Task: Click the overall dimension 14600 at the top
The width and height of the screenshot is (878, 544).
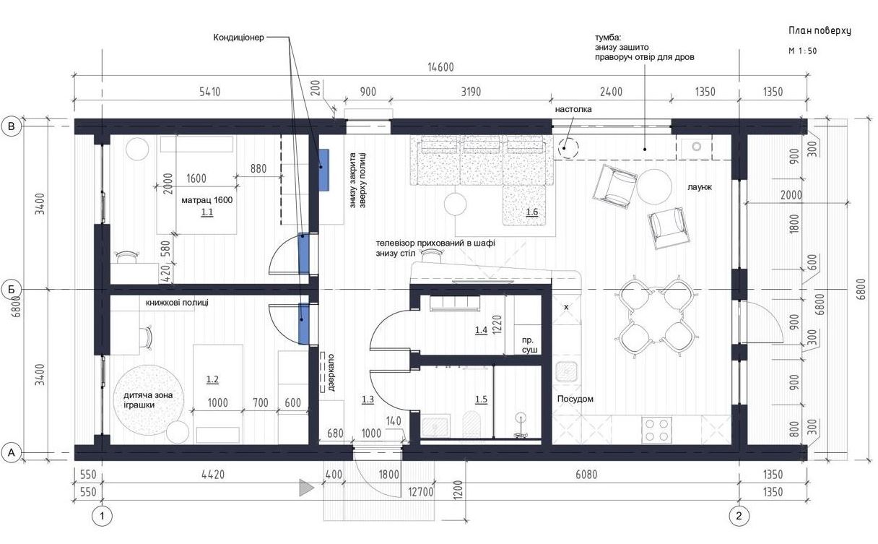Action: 440,67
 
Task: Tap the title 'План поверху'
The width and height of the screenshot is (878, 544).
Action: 820,31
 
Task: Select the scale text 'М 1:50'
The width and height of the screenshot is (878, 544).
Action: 803,51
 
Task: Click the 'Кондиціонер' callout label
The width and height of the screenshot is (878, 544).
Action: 239,38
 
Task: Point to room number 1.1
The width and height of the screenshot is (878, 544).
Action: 207,212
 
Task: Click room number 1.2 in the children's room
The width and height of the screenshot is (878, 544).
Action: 212,379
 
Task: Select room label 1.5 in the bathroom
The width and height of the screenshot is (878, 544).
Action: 481,400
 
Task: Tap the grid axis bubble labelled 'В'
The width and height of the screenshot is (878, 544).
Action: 12,126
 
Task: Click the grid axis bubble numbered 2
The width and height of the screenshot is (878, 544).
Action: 739,516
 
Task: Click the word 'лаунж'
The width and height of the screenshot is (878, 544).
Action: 700,187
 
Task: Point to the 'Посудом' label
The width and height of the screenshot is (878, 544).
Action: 575,399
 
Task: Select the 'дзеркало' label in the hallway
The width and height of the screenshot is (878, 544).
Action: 331,373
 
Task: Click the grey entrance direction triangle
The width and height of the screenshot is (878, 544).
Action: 307,488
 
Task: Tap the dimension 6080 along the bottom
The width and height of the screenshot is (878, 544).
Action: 586,475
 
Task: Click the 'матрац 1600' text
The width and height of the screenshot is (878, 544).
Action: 207,200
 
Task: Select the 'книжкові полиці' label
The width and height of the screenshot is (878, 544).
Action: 177,303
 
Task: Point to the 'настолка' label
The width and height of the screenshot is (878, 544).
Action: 573,109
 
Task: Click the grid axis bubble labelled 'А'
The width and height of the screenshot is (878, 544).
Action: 12,453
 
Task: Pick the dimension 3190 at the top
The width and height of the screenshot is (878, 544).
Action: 471,92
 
